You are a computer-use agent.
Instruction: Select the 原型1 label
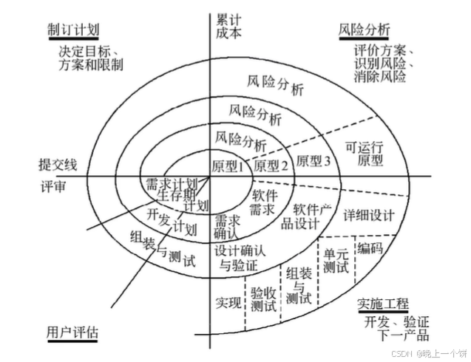tap(227, 167)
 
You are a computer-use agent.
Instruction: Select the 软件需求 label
tap(264, 203)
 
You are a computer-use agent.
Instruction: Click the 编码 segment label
tap(370, 248)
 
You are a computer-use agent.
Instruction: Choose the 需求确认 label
tap(226, 228)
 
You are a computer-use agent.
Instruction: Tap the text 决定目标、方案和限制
tap(92, 58)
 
